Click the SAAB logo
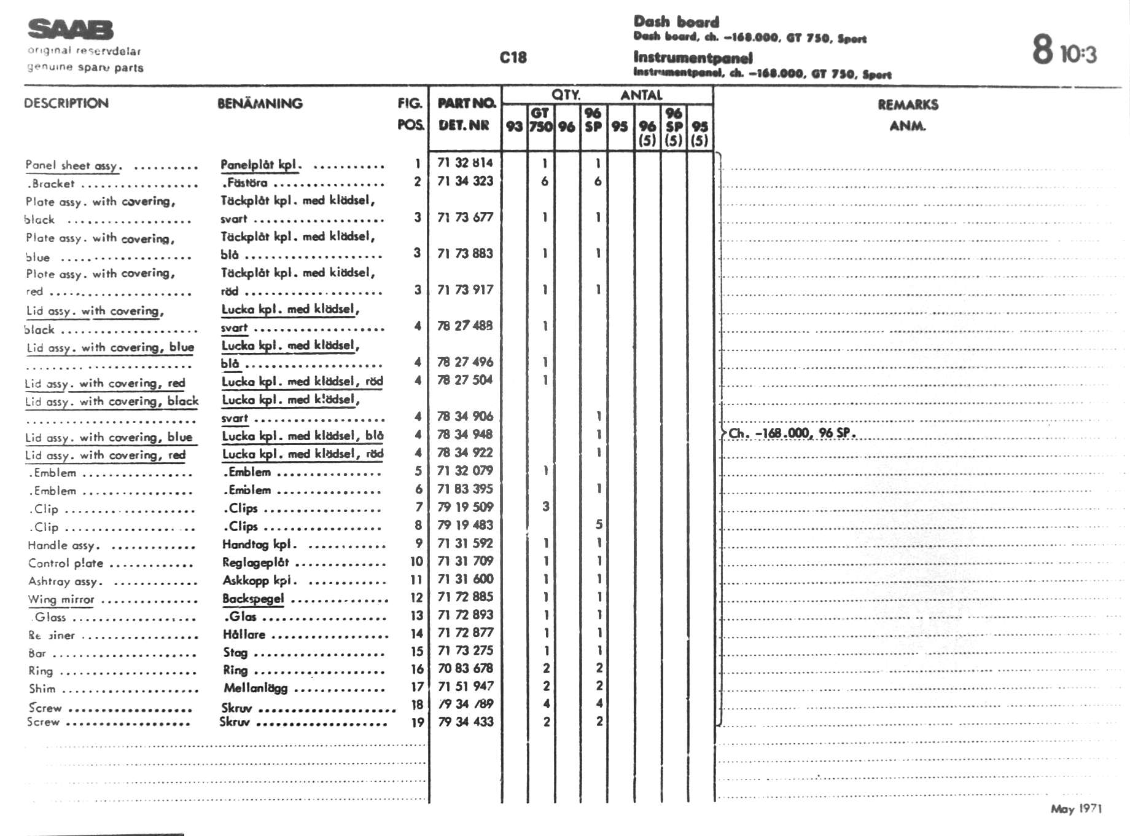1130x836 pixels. (x=71, y=30)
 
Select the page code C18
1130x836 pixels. (x=513, y=58)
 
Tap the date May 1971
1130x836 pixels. (x=1076, y=809)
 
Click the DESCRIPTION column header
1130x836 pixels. (x=66, y=103)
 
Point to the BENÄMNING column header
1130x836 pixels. (x=260, y=103)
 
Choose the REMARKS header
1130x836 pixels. (x=908, y=105)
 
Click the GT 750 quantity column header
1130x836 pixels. (x=540, y=120)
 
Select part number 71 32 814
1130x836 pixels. (x=465, y=163)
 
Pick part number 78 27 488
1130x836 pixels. (x=465, y=326)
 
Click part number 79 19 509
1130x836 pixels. (x=465, y=507)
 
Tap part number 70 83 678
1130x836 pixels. (x=465, y=668)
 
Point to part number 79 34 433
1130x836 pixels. (x=465, y=722)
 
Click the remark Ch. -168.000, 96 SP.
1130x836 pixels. (x=792, y=433)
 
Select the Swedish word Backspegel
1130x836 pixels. (x=253, y=599)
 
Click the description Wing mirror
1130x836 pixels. (x=61, y=600)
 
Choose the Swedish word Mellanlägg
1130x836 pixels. (x=255, y=688)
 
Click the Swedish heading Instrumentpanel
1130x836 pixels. (x=693, y=58)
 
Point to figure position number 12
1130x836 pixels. (x=417, y=597)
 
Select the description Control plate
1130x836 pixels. (x=66, y=564)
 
